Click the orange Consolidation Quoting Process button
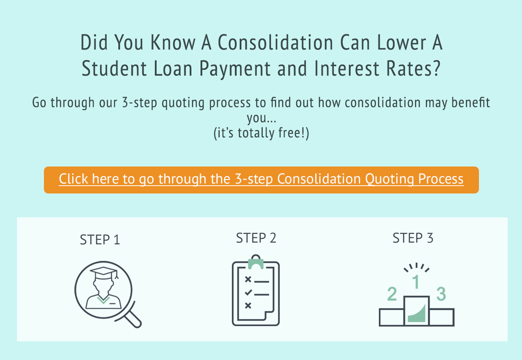(261, 180)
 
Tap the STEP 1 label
(100, 240)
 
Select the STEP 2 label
(256, 238)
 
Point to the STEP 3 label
(413, 238)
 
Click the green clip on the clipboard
(256, 263)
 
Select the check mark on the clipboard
(248, 293)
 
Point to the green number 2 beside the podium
(392, 294)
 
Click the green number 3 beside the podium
(441, 294)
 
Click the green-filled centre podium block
(417, 312)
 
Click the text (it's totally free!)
(261, 133)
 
